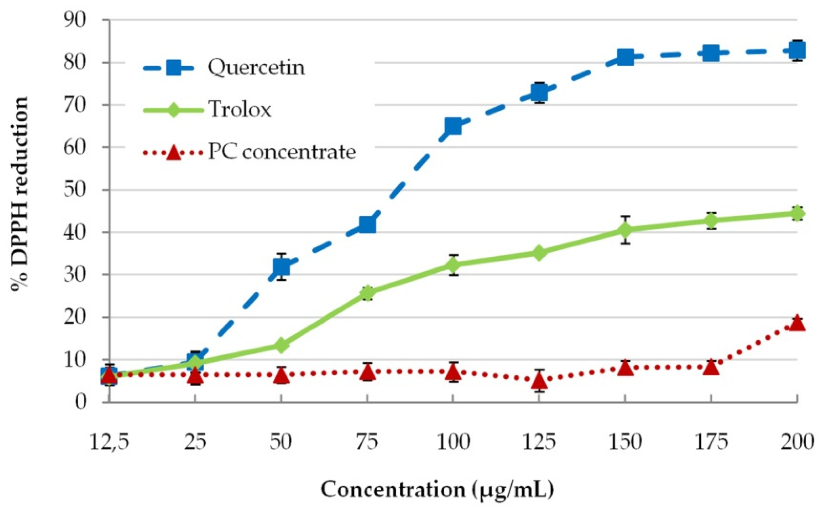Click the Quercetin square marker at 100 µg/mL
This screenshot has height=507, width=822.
coord(453,126)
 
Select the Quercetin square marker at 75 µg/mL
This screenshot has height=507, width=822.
coord(367,224)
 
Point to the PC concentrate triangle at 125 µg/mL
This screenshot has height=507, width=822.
coord(539,381)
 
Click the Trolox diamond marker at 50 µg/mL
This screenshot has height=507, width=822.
coord(281,345)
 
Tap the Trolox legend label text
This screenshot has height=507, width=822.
coord(240,109)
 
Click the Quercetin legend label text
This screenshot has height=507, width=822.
coord(256,67)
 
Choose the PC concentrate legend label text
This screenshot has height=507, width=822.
coord(282,152)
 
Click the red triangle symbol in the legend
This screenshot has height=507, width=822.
coord(173,153)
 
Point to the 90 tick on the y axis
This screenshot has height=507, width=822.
coord(75,20)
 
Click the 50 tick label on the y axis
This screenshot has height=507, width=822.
coord(75,190)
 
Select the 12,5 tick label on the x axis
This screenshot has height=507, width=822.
coord(109,442)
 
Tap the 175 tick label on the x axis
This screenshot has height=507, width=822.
coord(711,442)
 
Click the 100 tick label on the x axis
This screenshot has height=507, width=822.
coord(453,442)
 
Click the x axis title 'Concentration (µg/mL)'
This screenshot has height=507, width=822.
coord(437,490)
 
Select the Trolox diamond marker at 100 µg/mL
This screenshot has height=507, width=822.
coord(453,265)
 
